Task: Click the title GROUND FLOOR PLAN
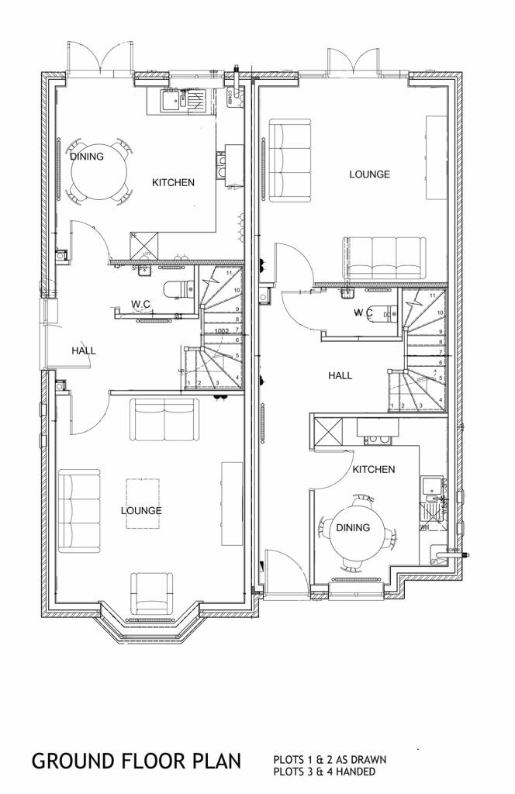tap(137, 761)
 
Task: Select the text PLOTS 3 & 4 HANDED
tap(324, 772)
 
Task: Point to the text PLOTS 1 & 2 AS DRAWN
tap(330, 759)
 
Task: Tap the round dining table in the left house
tap(97, 171)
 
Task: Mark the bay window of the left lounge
tap(147, 624)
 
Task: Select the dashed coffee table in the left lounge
tap(143, 502)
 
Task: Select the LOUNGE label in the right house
tap(369, 174)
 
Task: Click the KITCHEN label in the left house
tap(172, 183)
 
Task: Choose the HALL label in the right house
tap(340, 375)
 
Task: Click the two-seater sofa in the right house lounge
tap(289, 161)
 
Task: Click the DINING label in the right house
tap(353, 528)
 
